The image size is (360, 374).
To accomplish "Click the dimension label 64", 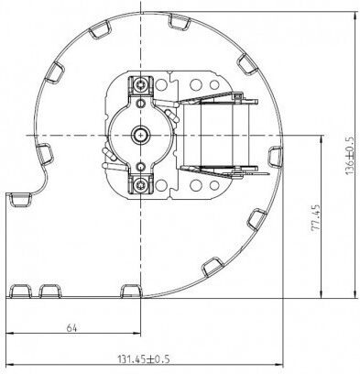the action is pos(72,328).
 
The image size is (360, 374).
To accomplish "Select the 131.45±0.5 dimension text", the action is pos(144,358).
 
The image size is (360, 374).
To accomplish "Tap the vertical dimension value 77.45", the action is pos(316,217).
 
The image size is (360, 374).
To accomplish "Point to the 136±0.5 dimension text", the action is pos(350,156).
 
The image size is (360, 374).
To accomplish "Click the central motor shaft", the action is pos(140,135).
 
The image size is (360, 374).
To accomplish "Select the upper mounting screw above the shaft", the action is pos(141,83).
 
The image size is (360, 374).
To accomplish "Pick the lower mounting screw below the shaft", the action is pos(141,184).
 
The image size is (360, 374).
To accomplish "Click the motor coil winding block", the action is pos(217,135).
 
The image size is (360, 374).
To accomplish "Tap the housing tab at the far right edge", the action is pos(275,156).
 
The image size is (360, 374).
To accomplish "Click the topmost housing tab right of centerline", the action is pos(180,21).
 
